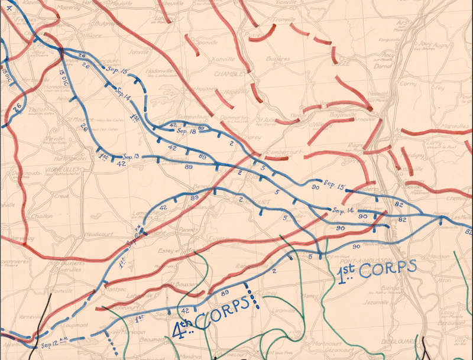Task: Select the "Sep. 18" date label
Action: tap(186, 131)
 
